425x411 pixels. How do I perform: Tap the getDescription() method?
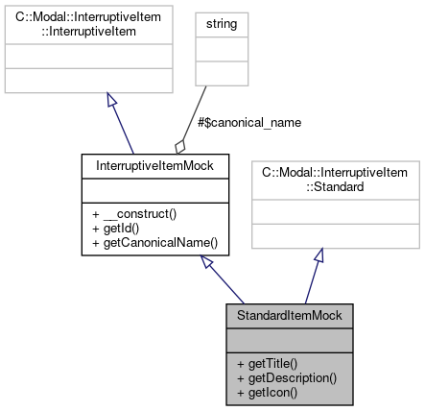286,377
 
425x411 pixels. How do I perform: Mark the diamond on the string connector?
180,146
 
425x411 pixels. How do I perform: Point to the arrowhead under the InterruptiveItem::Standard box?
319,257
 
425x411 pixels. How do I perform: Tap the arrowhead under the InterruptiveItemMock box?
207,263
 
